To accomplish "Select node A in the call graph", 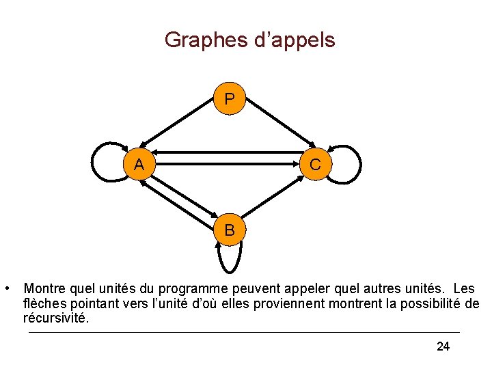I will pyautogui.click(x=139, y=165).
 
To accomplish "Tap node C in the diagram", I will pyautogui.click(x=315, y=165).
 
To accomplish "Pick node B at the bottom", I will pyautogui.click(x=230, y=230).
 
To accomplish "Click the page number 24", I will pyautogui.click(x=443, y=347).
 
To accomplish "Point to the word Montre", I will pyautogui.click(x=46, y=289).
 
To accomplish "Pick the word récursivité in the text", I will pyautogui.click(x=55, y=318).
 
